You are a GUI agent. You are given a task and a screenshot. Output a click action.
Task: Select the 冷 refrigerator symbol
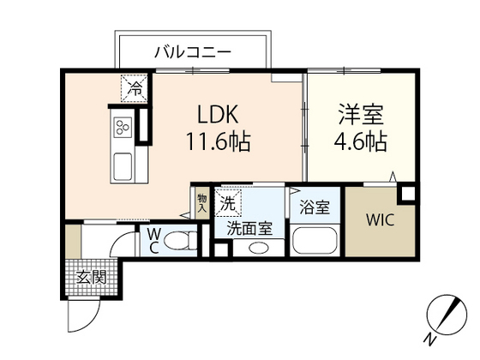coord(133,87)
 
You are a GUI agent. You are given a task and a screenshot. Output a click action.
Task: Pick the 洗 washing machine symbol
coord(227,204)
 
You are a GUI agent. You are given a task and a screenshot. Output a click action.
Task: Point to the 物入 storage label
coord(202,202)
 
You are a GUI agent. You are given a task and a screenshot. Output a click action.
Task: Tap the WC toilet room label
coord(152,239)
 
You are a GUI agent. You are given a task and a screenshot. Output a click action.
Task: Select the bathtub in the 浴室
coord(315,240)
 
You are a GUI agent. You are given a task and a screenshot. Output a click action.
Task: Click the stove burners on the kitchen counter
coord(121,129)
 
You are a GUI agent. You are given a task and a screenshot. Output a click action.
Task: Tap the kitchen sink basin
coord(121,165)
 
